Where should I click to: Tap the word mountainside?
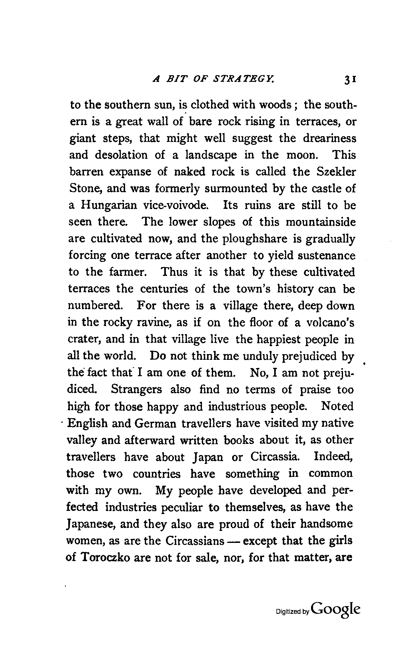click(321, 222)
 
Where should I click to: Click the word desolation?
click(121, 155)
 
